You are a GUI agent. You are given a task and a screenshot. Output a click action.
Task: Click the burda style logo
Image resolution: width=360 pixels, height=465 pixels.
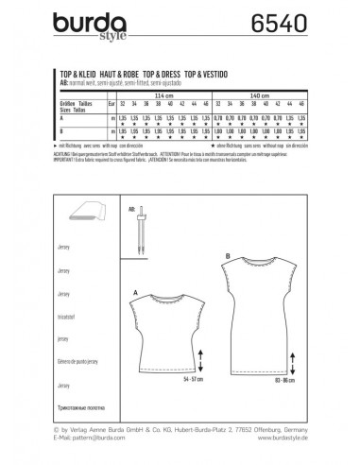pos(86,20)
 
